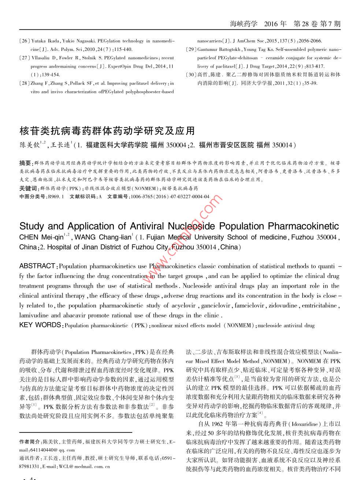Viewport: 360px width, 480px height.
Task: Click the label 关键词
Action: (28, 189)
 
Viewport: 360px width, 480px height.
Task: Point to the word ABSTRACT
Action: (37, 266)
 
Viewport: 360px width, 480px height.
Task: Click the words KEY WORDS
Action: (40, 325)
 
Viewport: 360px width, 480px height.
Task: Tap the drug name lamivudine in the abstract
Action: (34, 315)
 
